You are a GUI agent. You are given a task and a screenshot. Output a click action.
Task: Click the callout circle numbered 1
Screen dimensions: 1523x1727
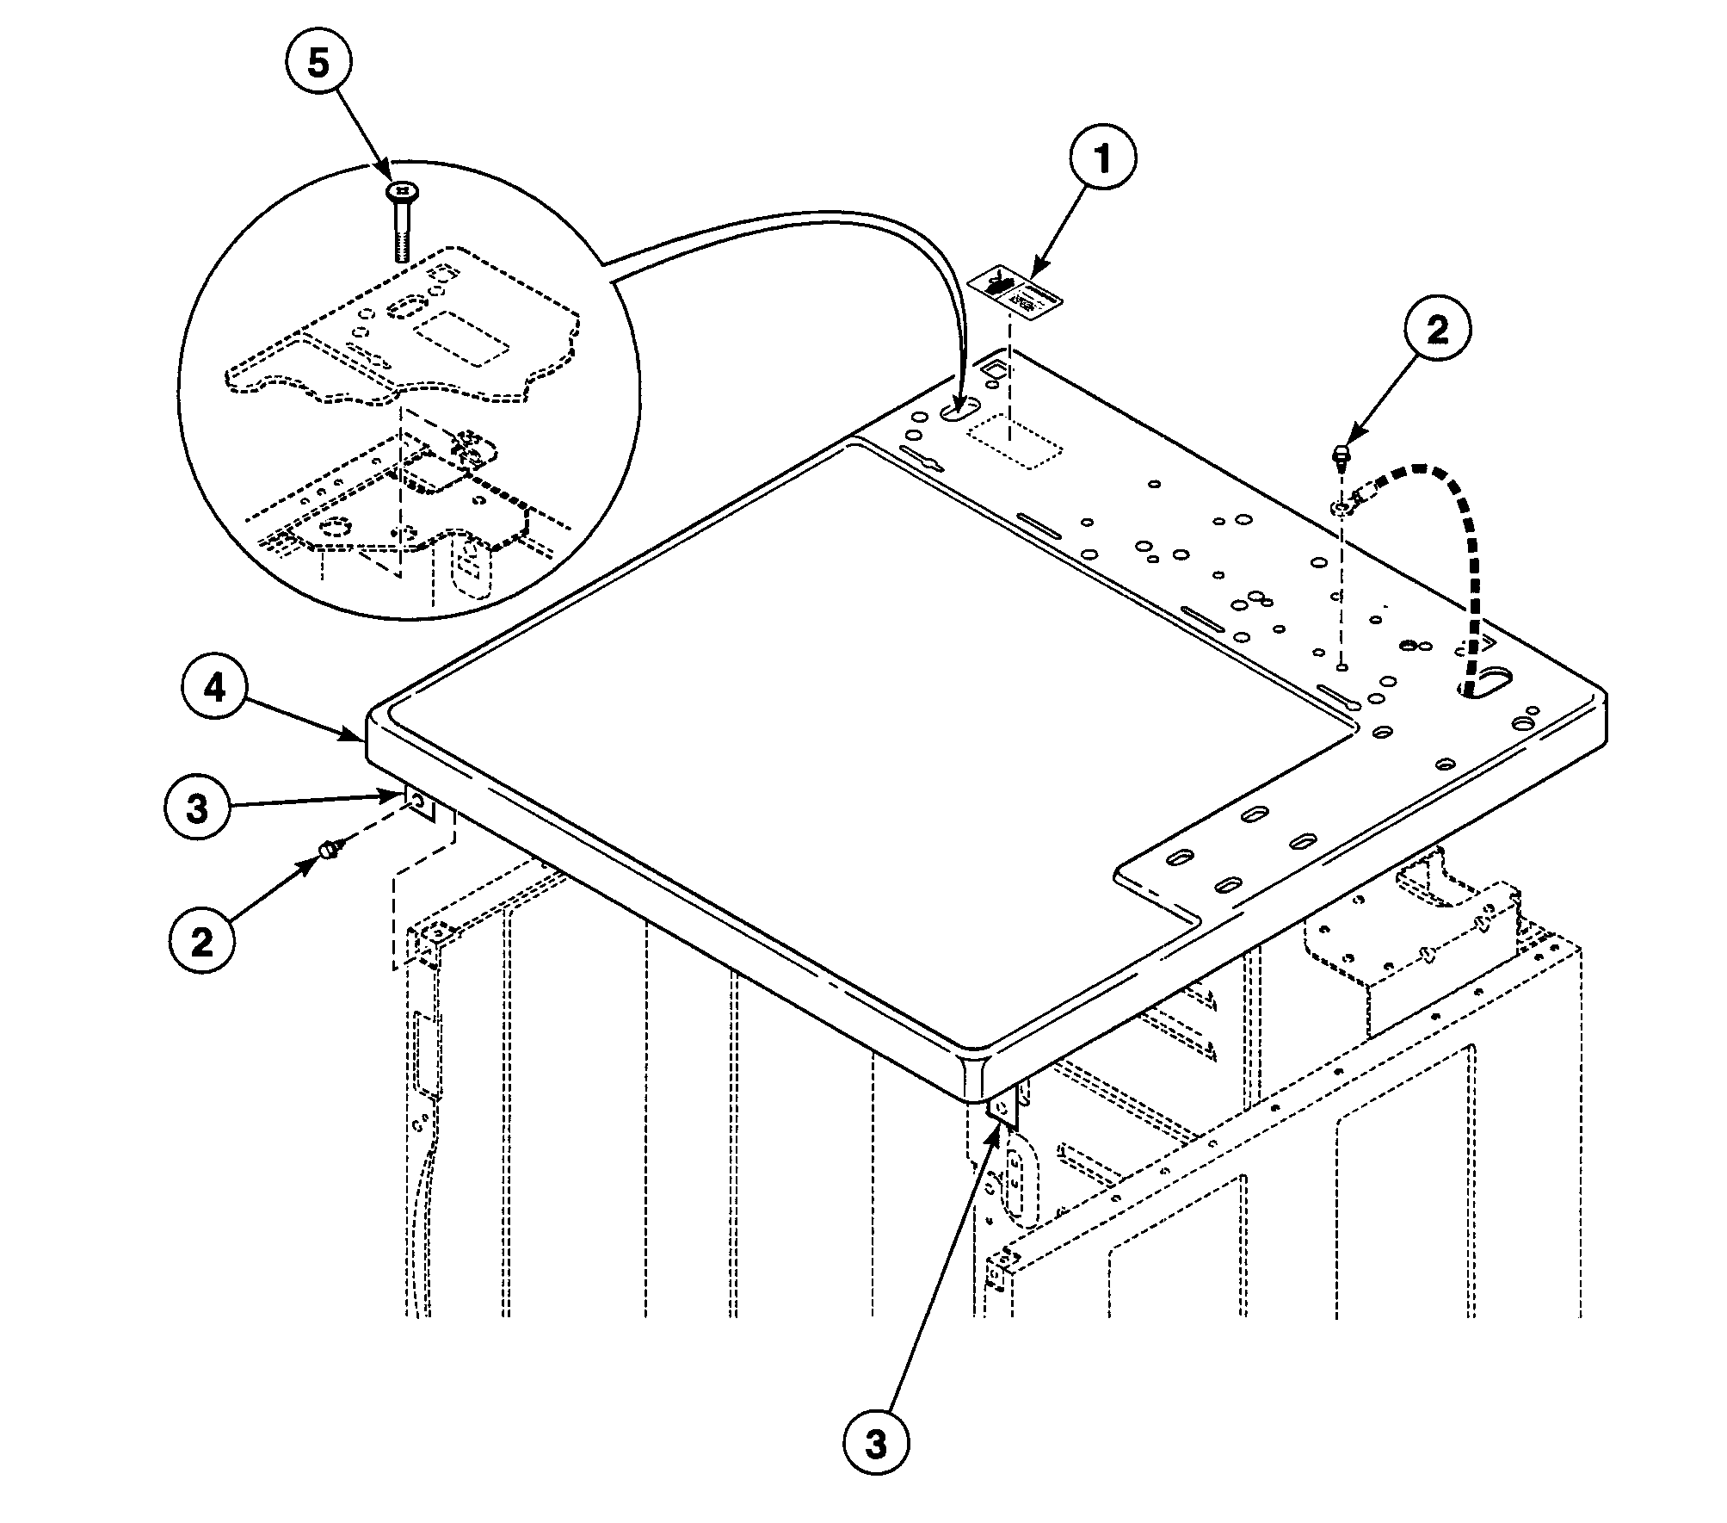point(1102,158)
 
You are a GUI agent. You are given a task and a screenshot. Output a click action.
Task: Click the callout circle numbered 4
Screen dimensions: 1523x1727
point(215,689)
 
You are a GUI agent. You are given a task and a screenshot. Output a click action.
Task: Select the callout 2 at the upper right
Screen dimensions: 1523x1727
point(1438,331)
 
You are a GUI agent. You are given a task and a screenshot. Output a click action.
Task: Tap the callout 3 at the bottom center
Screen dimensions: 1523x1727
point(876,1444)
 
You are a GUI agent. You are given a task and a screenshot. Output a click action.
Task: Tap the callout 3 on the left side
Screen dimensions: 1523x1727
point(198,809)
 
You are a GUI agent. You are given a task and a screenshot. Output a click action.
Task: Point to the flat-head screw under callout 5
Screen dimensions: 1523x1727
point(400,220)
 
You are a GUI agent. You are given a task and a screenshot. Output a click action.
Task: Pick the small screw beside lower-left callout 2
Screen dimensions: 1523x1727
point(328,851)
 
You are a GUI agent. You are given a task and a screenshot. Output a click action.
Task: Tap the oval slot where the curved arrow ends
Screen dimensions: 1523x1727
point(959,411)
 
